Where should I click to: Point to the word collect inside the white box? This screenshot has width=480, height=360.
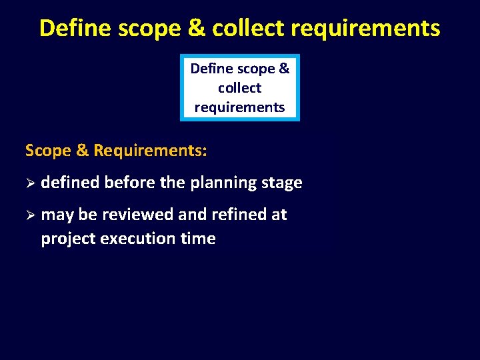239,87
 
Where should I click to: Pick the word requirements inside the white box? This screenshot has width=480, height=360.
239,107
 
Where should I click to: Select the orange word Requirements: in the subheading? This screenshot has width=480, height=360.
150,151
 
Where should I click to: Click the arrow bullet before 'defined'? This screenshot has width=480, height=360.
30,183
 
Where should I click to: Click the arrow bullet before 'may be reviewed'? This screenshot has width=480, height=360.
30,215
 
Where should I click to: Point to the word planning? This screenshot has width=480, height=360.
223,183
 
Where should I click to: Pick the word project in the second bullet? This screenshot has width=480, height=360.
68,239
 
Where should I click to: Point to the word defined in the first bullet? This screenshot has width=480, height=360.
70,183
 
